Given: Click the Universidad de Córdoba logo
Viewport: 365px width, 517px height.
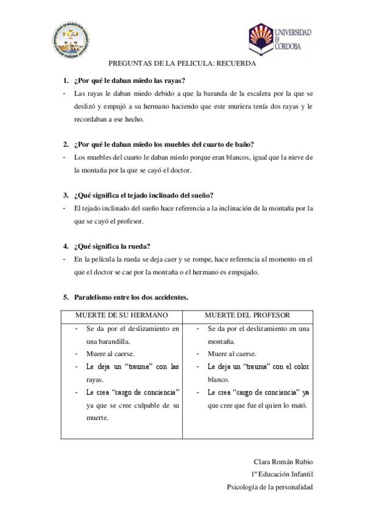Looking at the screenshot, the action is [x=280, y=39].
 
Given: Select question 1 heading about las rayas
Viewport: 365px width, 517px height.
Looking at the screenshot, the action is [x=129, y=80].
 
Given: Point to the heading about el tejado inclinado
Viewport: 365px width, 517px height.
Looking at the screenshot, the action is [x=143, y=195].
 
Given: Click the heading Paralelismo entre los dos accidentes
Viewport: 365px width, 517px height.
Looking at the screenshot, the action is [x=131, y=298].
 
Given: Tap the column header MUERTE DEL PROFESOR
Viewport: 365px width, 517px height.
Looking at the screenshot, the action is [x=247, y=315].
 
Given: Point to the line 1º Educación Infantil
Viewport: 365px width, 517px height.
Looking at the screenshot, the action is [x=282, y=474].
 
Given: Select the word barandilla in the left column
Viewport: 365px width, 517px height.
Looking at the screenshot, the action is [x=110, y=341].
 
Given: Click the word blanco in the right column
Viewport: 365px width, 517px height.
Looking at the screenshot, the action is [x=219, y=379].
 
